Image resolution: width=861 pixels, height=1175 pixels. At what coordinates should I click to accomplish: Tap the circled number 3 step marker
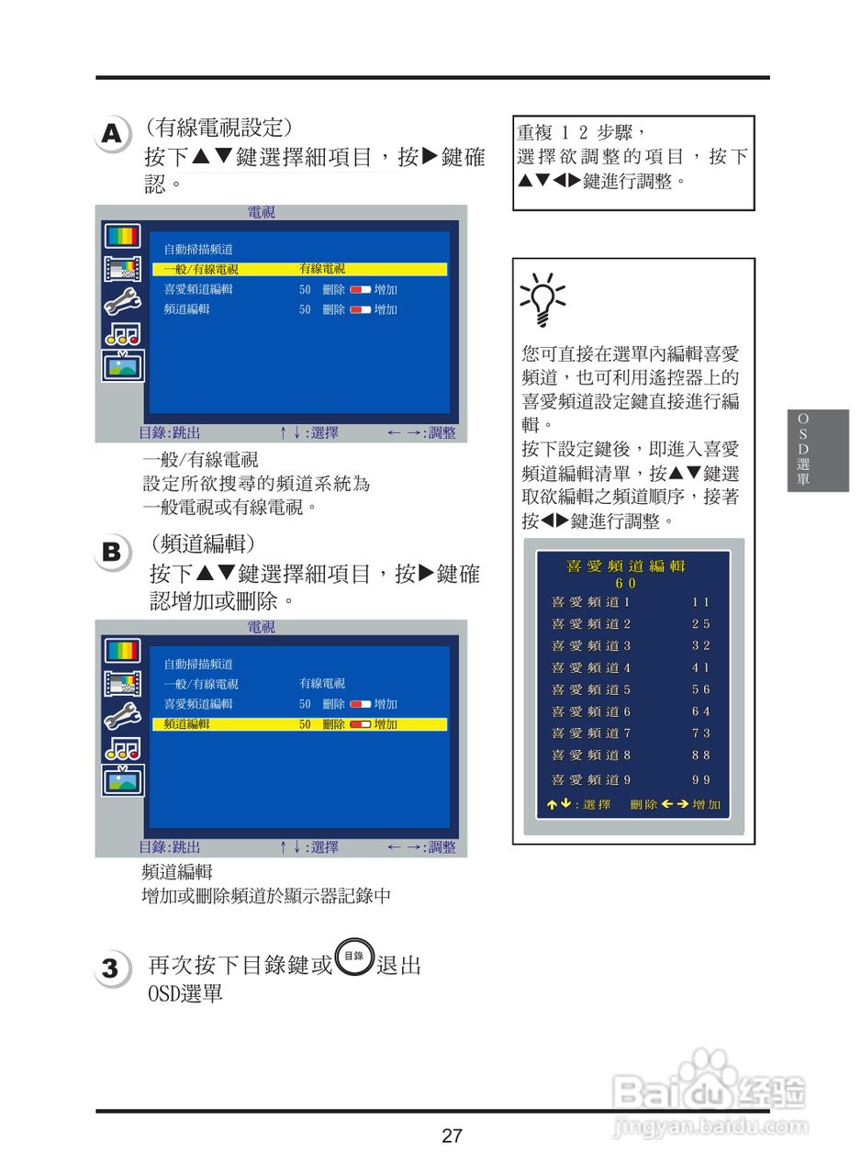click(x=110, y=968)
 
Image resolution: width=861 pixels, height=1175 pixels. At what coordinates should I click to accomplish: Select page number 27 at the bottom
click(x=452, y=1136)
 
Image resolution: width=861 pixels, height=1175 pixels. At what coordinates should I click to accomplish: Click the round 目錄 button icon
click(x=354, y=957)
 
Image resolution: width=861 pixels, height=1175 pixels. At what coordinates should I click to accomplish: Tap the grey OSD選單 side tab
click(x=803, y=450)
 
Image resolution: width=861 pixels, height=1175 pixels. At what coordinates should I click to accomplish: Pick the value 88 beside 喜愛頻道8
click(x=701, y=755)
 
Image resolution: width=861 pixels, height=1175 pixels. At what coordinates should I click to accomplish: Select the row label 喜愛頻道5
click(x=590, y=689)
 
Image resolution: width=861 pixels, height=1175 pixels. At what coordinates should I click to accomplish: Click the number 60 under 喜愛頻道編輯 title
click(x=626, y=583)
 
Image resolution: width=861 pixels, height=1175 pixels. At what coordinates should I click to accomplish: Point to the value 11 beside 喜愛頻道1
click(x=701, y=602)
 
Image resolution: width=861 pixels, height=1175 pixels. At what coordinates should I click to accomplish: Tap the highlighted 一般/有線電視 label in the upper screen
click(x=201, y=269)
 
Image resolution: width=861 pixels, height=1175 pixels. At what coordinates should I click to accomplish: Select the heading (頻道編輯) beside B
click(x=203, y=543)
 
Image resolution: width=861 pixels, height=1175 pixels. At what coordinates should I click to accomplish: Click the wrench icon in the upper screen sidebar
click(x=122, y=302)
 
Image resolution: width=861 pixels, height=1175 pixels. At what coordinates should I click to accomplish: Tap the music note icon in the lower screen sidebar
click(x=122, y=748)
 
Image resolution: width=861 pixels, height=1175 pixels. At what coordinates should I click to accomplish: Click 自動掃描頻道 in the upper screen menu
click(x=198, y=249)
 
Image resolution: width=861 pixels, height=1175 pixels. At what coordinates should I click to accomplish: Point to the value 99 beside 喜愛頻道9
click(x=701, y=779)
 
